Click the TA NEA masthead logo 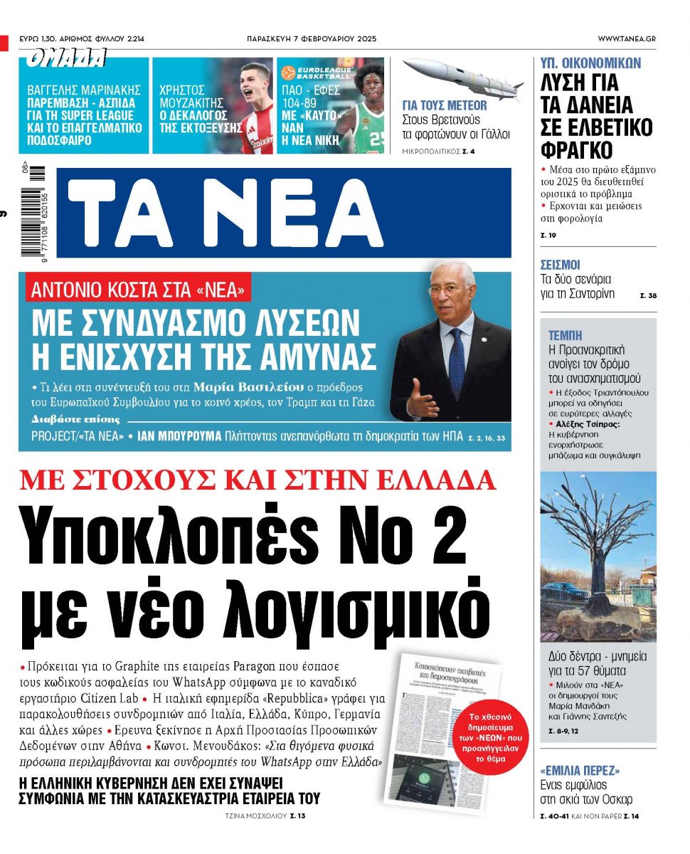[x=228, y=211]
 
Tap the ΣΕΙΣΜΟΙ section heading [x=561, y=265]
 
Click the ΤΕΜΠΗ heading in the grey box [x=566, y=334]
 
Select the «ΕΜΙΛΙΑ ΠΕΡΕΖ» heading [x=579, y=770]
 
